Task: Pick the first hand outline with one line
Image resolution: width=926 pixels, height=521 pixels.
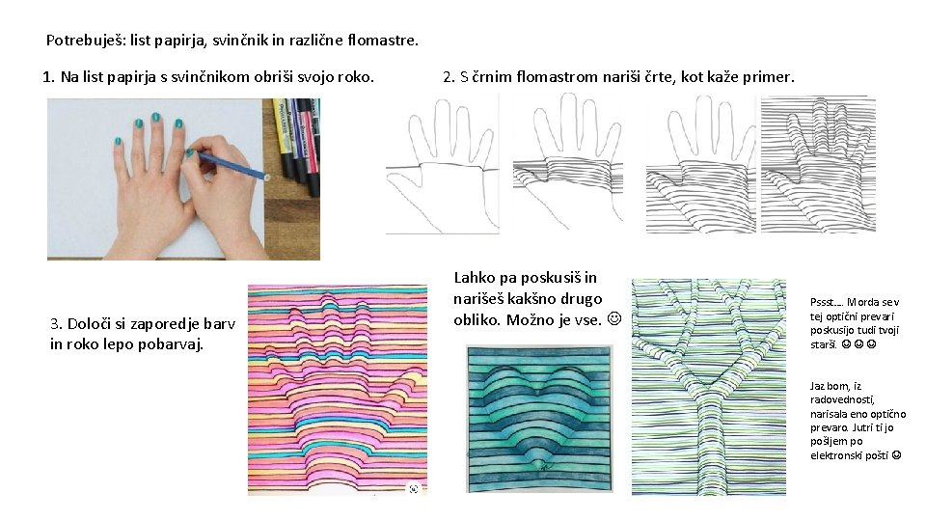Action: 443,164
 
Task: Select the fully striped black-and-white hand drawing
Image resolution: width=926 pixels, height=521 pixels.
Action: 818,164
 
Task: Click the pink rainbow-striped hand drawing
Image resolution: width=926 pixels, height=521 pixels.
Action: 338,390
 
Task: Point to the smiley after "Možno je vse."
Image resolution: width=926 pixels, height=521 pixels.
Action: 614,319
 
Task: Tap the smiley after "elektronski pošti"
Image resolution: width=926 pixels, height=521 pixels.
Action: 896,455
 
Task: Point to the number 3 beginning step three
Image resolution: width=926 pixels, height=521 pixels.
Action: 55,324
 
